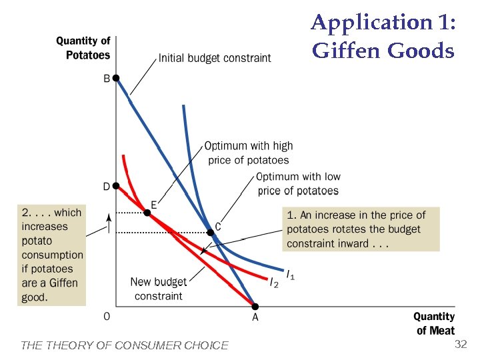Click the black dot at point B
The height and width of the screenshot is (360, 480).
point(116,78)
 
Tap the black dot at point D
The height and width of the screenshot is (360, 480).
point(116,186)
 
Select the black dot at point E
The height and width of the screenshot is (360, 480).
point(147,213)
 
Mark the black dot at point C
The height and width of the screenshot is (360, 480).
point(210,232)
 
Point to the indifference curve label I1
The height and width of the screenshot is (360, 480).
point(290,273)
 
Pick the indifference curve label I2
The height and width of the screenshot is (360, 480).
point(273,283)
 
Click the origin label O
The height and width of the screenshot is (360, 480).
point(107,317)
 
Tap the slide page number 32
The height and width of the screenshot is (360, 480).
point(460,344)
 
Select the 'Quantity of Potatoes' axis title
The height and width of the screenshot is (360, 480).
point(83,48)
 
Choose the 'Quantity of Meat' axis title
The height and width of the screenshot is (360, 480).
point(434,323)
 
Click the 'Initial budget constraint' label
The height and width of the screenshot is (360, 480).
point(214,58)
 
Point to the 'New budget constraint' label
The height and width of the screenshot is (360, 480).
point(159,289)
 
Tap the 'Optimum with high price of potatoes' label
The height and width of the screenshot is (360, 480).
point(248,153)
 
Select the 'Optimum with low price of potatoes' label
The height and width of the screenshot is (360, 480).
point(298,184)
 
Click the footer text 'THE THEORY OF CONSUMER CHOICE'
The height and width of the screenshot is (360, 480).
point(125,345)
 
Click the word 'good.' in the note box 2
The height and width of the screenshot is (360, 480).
point(35,297)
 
